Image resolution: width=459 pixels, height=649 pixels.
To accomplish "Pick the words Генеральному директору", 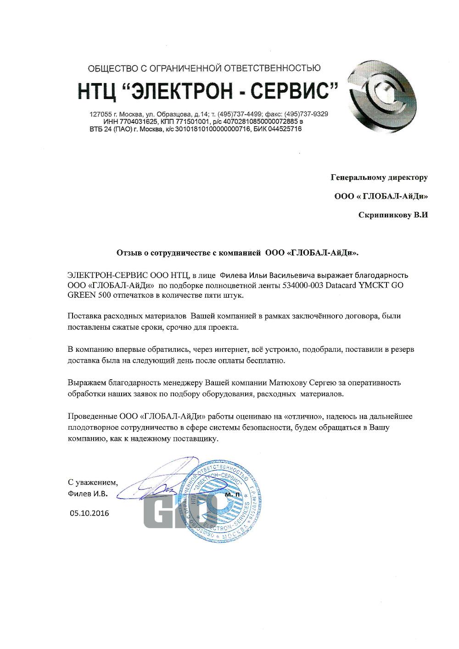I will coord(379,177).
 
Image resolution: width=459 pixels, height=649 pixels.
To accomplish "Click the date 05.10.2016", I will coord(89,513).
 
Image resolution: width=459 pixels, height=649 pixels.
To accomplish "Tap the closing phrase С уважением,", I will coord(92,483).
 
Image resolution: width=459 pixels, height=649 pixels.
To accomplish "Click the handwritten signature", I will coord(156,482).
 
